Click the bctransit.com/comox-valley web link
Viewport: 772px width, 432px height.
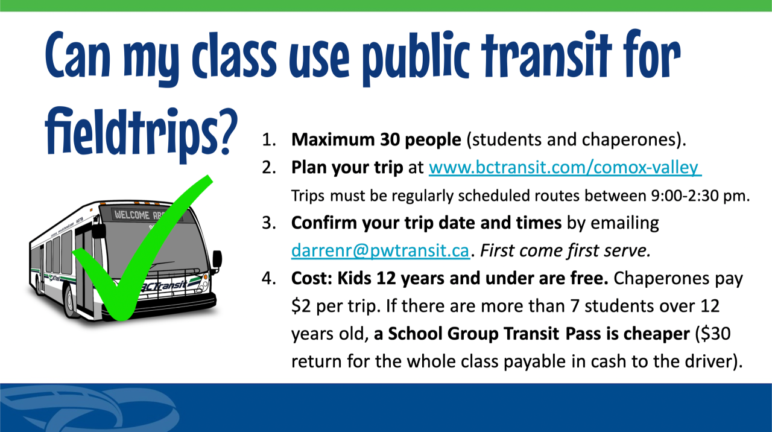(x=565, y=167)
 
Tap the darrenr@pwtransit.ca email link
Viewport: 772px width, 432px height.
(x=380, y=250)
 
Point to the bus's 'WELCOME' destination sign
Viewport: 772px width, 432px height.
(x=134, y=214)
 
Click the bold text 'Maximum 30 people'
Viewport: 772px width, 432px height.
(x=376, y=140)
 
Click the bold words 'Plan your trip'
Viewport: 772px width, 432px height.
(x=347, y=167)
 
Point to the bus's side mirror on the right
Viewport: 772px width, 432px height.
(x=217, y=259)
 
